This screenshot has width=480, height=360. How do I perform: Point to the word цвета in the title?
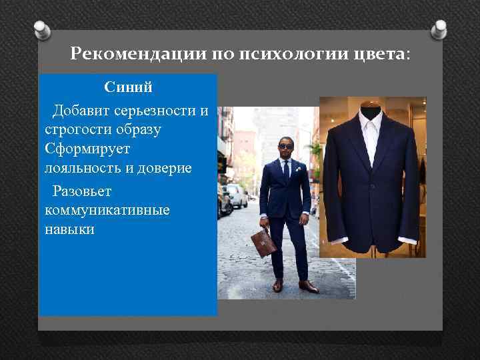pos(377,53)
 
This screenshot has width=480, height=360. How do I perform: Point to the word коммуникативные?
pos(107,211)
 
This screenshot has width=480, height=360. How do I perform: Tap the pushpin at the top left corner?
pos(41,30)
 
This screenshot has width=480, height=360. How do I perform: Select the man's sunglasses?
pos(285,146)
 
